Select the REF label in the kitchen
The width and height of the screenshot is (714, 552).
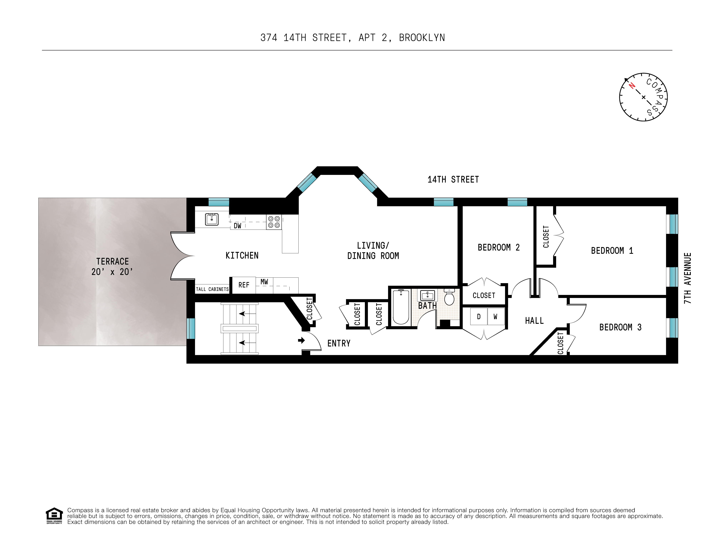coord(244,285)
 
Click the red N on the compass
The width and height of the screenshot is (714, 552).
coord(632,86)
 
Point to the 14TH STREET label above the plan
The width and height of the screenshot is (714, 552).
coord(453,180)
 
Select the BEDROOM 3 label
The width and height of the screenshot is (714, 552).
coord(620,327)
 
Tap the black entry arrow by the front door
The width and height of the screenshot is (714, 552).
coord(301,340)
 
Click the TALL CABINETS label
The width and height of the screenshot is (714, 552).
coord(212,289)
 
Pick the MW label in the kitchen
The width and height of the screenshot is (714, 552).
coord(264,282)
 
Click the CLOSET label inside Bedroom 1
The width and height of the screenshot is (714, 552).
coord(546,237)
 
